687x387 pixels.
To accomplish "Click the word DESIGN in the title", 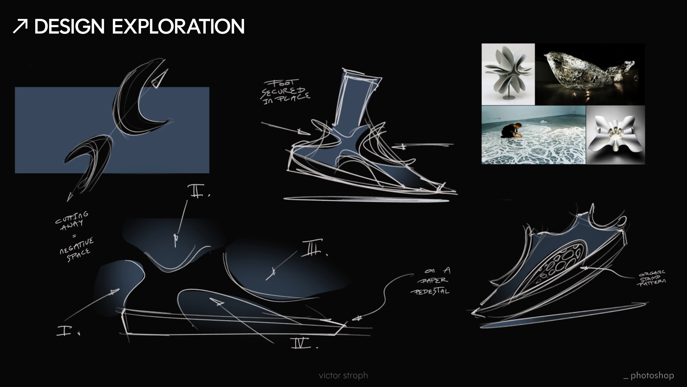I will pos(69,27).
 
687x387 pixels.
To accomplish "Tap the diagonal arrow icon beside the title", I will pos(20,26).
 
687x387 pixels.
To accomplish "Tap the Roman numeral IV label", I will pos(301,343).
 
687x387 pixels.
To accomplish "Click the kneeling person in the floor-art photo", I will pos(511,130).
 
